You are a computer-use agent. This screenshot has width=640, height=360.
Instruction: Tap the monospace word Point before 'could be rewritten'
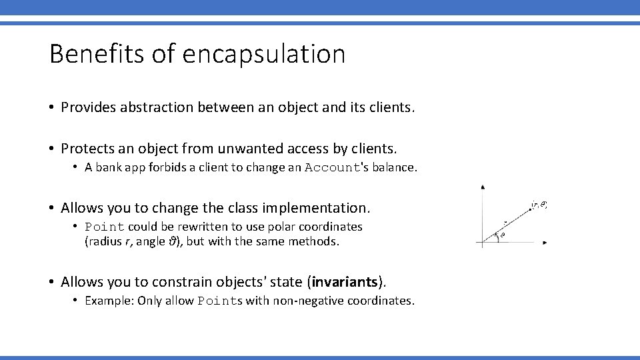pyautogui.click(x=105, y=227)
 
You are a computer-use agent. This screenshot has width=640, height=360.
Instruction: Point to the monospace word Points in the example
pyautogui.click(x=220, y=301)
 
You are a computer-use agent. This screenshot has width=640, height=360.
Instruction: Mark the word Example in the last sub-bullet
pyautogui.click(x=109, y=301)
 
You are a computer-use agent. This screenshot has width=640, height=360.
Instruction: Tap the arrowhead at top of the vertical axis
pyautogui.click(x=483, y=188)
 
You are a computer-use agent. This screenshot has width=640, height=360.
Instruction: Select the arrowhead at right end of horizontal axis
pyautogui.click(x=545, y=243)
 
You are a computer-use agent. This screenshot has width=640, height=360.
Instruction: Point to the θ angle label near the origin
pyautogui.click(x=502, y=235)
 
